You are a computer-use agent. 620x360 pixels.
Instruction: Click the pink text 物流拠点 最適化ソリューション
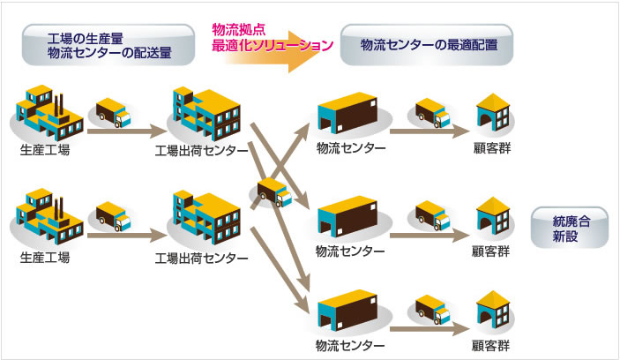coord(265,36)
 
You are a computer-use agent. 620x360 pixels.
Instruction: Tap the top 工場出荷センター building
coord(205,113)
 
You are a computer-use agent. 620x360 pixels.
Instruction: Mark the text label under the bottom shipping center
coord(201,259)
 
